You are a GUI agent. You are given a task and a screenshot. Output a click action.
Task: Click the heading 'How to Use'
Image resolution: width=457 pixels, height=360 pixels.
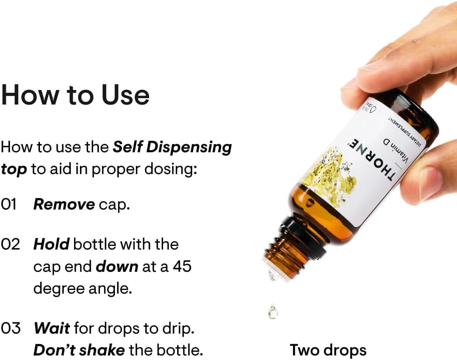(x=75, y=95)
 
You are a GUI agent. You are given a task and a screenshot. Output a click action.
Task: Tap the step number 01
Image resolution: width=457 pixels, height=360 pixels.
(x=10, y=205)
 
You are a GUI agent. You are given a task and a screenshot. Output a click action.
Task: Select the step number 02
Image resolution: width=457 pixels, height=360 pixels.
(x=10, y=244)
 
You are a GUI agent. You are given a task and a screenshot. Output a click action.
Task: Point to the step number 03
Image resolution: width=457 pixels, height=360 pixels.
(x=11, y=328)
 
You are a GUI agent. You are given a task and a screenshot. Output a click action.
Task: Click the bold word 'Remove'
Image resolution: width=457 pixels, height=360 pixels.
(x=64, y=205)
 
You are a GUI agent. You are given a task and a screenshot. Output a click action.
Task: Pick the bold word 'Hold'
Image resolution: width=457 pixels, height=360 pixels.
(x=51, y=244)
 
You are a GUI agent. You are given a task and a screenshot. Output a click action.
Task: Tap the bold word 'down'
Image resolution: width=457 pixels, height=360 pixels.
(x=117, y=266)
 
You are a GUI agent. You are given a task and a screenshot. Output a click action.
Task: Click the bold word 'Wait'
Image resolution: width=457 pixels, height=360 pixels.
(x=51, y=328)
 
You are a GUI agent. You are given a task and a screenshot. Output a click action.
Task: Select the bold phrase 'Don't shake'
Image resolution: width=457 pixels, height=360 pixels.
(x=79, y=350)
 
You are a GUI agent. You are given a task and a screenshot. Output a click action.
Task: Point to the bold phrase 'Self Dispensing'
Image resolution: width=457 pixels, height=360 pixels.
(x=172, y=147)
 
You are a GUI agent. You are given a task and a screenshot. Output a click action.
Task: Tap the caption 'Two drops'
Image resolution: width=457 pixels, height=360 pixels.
(x=328, y=350)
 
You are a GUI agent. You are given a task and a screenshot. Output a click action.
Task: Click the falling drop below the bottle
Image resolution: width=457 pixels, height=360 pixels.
(x=273, y=311)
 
